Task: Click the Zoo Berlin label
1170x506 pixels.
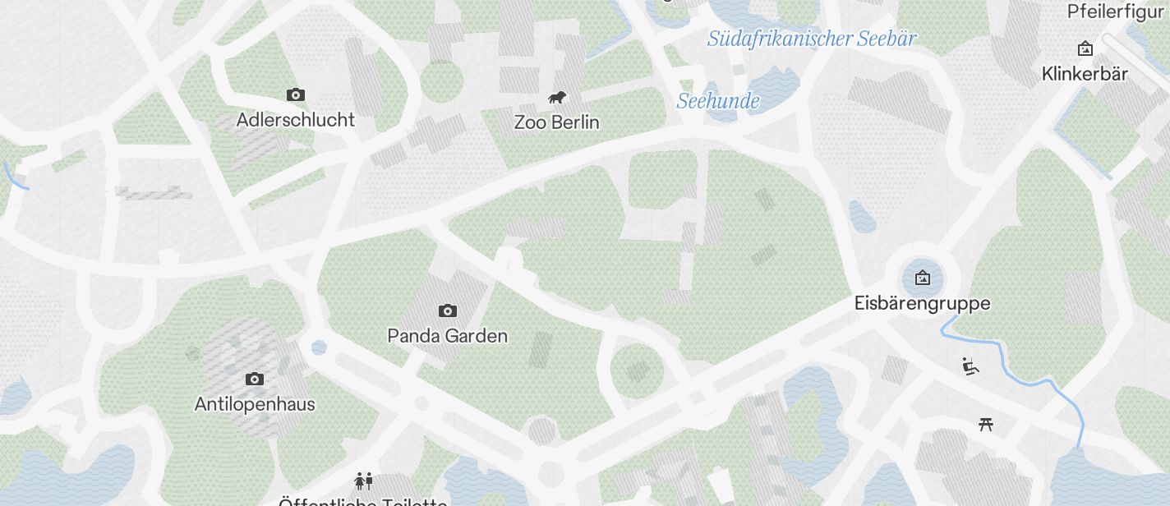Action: point(556,122)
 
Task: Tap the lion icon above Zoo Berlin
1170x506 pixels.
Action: point(557,99)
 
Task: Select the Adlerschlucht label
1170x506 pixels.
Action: point(295,120)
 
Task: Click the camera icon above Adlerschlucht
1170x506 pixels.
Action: point(295,95)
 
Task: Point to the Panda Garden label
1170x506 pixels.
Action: point(447,336)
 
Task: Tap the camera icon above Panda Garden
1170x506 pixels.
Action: point(447,310)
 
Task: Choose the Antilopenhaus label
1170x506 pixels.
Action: point(255,404)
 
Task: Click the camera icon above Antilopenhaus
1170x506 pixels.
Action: point(255,379)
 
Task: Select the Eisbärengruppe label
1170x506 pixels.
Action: point(922,303)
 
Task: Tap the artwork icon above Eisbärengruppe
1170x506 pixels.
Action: point(923,278)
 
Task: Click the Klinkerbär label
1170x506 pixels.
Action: point(1085,74)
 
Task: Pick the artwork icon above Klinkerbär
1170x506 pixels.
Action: point(1085,49)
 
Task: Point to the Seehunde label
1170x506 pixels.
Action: point(717,101)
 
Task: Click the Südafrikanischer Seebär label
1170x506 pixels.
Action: point(811,39)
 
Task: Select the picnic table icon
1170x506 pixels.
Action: point(987,424)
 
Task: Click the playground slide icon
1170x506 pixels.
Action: point(971,366)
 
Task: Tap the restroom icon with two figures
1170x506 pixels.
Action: point(363,480)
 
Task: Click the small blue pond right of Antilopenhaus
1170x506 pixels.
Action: point(319,347)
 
